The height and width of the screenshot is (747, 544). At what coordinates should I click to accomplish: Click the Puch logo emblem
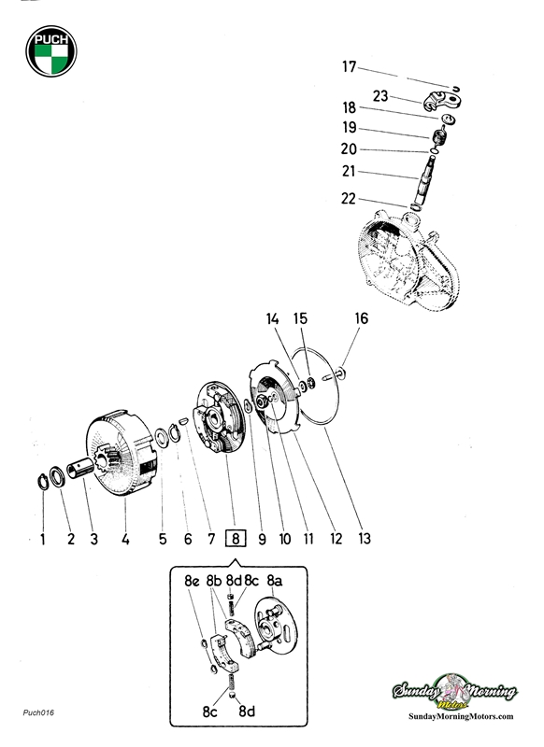click(x=51, y=52)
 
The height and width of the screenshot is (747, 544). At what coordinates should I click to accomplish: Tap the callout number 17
click(x=349, y=66)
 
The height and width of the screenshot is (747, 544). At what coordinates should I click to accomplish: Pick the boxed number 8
click(x=237, y=538)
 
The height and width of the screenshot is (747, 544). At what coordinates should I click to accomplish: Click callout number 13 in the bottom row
click(x=364, y=538)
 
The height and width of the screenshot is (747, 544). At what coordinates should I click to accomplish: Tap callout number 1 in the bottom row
click(x=42, y=538)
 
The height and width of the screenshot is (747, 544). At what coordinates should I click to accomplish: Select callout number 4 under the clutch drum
click(x=125, y=538)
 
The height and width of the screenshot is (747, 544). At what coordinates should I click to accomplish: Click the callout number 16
click(x=361, y=318)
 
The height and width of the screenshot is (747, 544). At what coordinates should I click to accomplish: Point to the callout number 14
click(x=272, y=318)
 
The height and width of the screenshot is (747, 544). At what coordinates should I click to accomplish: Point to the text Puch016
click(x=38, y=713)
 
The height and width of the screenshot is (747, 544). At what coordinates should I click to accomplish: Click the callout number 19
click(x=349, y=128)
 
